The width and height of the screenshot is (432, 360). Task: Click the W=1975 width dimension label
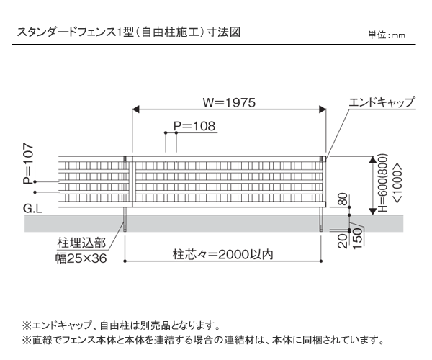tap(229, 102)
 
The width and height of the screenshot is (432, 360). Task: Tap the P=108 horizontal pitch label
tap(194, 126)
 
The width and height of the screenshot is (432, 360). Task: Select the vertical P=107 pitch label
tap(28, 163)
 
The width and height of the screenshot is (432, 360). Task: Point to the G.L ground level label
tap(33, 209)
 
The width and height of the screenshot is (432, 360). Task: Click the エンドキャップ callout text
tap(382, 102)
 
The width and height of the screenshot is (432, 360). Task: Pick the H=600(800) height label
tap(382, 183)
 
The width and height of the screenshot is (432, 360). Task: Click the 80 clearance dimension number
tap(343, 199)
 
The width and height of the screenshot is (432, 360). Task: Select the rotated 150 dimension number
tap(357, 238)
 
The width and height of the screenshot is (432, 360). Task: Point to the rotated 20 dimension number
tap(343, 241)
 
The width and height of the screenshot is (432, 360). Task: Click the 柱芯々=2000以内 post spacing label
tap(223, 254)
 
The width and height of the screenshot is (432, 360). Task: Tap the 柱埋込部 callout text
tap(81, 243)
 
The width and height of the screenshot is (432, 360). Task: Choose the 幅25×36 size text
tap(81, 258)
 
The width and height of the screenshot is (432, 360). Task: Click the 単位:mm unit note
tap(386, 35)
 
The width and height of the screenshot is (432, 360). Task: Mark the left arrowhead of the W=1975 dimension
tap(135, 109)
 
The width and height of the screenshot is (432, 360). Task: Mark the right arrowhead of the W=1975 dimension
tap(323, 109)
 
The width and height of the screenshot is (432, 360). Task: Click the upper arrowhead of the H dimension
tap(373, 160)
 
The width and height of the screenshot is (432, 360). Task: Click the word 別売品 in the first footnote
tap(156, 325)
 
